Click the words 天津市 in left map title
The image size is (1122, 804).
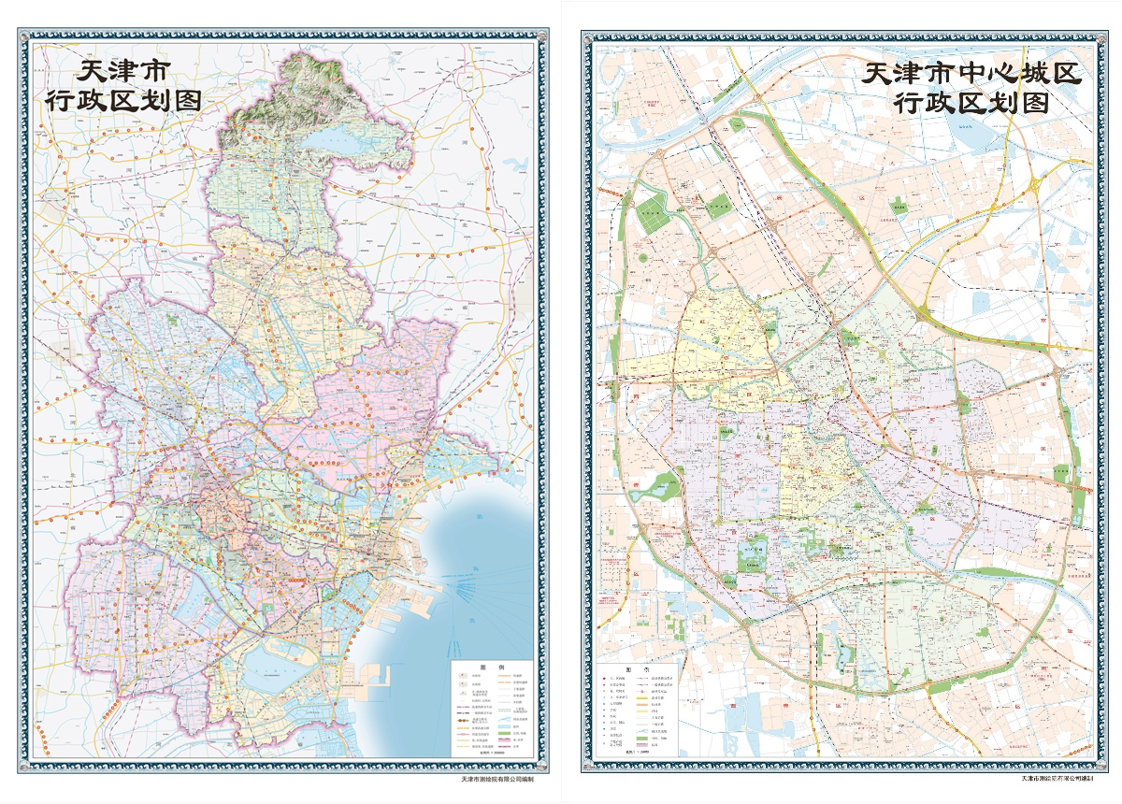122,71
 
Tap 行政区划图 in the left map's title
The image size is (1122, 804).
123,100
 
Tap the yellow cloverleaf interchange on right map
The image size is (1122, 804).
1035,184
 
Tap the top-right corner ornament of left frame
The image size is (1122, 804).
542,38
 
